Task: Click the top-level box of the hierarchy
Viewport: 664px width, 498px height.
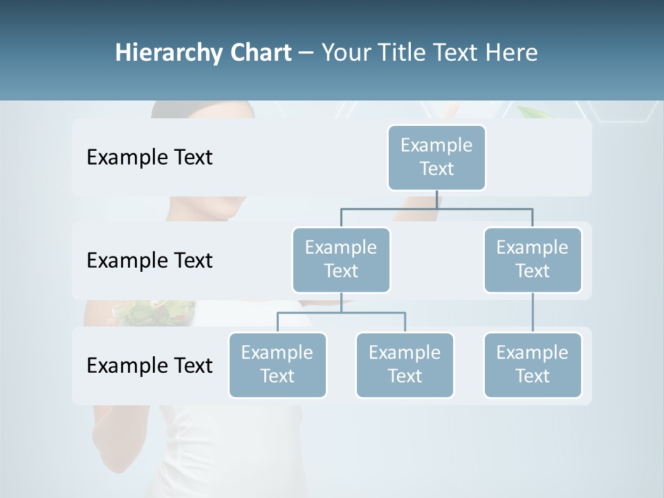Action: (x=436, y=157)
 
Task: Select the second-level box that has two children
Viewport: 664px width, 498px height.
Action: (x=341, y=259)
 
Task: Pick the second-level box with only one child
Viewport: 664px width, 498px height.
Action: (x=533, y=259)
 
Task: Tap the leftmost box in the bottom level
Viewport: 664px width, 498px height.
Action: (x=277, y=365)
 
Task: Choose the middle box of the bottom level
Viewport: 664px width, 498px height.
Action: (x=405, y=365)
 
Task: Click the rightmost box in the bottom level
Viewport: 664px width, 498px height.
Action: (x=533, y=365)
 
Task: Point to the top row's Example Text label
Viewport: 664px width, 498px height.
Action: (x=149, y=158)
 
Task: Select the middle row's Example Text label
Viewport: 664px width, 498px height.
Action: (x=149, y=261)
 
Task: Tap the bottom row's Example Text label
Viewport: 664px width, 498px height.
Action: (x=149, y=365)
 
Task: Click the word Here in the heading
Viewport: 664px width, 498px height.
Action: (x=512, y=53)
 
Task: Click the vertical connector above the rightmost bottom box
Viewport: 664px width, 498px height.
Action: (x=533, y=313)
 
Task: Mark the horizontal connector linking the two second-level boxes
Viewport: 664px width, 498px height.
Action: (x=436, y=208)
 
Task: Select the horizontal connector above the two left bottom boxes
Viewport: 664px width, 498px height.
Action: (x=341, y=313)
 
